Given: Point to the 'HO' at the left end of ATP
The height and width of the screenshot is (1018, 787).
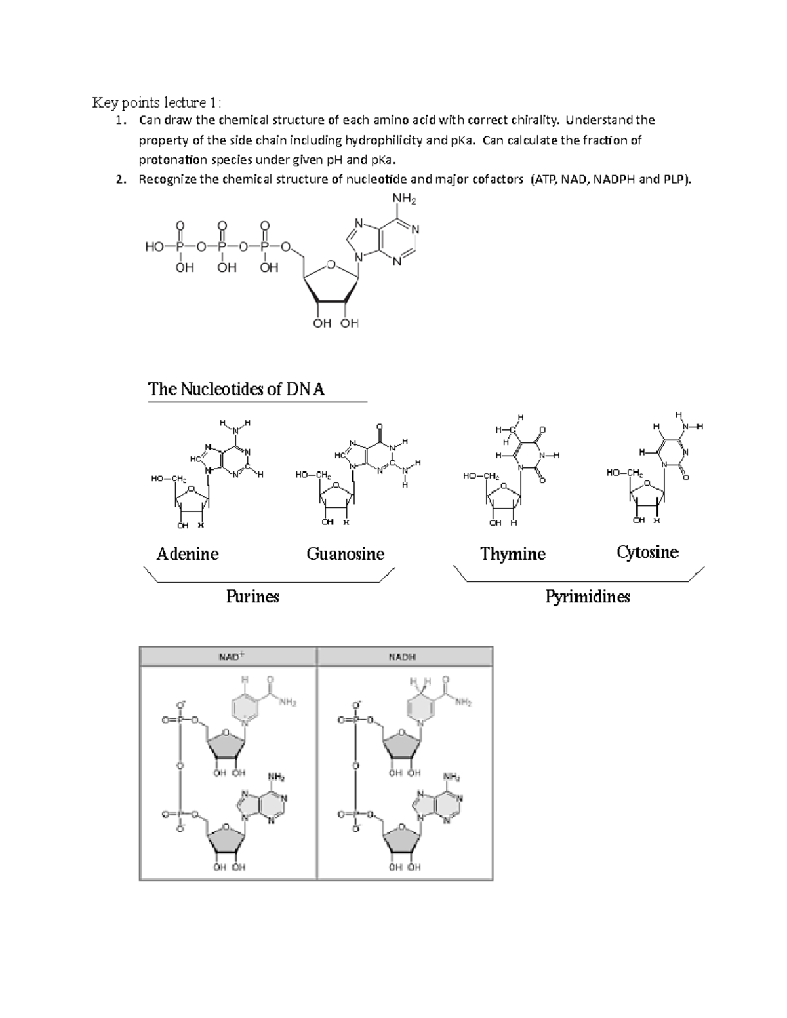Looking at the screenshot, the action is [154, 247].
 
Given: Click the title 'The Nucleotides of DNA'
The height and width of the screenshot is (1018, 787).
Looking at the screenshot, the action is [236, 389].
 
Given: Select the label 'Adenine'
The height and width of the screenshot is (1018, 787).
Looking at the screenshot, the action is [188, 554].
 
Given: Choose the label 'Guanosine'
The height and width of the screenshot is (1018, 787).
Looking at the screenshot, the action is [346, 554].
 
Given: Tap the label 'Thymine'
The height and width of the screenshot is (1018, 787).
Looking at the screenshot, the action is [513, 554].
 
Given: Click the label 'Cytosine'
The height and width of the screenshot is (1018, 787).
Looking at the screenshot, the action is [647, 552].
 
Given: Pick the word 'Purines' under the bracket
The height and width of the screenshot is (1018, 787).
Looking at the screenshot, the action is [252, 597].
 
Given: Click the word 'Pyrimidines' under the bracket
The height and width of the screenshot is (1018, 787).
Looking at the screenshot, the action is [588, 597].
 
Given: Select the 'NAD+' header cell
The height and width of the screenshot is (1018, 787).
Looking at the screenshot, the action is [228, 656].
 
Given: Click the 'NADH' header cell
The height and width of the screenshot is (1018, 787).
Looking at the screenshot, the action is [404, 656].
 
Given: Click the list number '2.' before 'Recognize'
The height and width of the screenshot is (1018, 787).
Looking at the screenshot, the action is [119, 180].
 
